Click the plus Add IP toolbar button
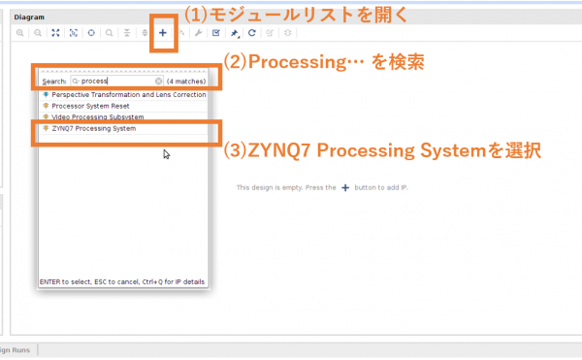point(163,32)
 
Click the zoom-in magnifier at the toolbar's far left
point(20,32)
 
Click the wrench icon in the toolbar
point(198,32)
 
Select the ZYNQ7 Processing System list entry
point(94,128)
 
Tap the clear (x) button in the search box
point(159,81)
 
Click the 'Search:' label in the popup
point(53,81)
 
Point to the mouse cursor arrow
point(166,153)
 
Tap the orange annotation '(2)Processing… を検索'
point(325,60)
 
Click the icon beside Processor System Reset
point(47,106)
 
